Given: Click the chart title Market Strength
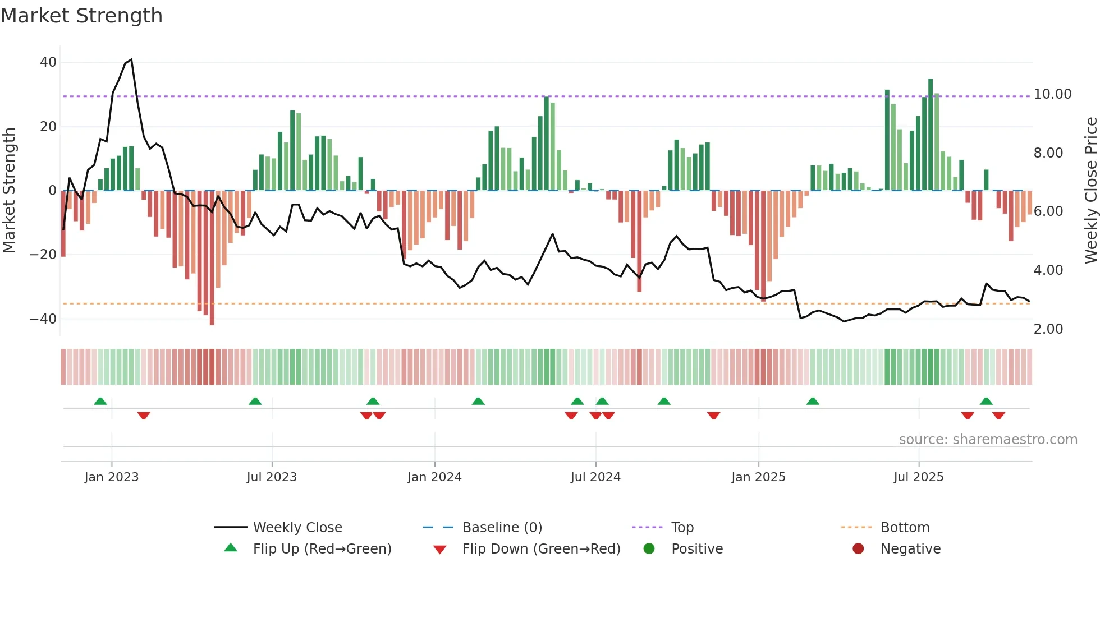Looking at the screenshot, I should pyautogui.click(x=81, y=16).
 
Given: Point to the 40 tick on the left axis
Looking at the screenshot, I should pyautogui.click(x=48, y=62).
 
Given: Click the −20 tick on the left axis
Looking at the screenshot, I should pyautogui.click(x=43, y=255).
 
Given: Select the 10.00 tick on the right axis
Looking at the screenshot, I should pyautogui.click(x=1052, y=94).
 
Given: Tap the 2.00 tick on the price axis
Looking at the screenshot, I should pyautogui.click(x=1048, y=329).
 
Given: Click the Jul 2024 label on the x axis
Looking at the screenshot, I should pyautogui.click(x=595, y=477).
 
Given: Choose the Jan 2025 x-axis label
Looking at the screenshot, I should pyautogui.click(x=758, y=477).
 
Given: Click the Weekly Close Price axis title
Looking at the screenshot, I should pyautogui.click(x=1090, y=191).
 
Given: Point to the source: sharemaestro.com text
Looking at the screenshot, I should pyautogui.click(x=988, y=440).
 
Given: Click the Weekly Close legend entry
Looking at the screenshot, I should pyautogui.click(x=297, y=528).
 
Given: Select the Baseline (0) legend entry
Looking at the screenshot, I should pyautogui.click(x=502, y=528).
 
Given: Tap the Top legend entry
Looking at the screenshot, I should pyautogui.click(x=682, y=528).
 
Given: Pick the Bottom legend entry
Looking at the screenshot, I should pyautogui.click(x=905, y=528).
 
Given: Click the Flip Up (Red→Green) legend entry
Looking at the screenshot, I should pyautogui.click(x=322, y=549).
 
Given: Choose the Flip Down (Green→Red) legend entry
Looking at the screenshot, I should pyautogui.click(x=541, y=549).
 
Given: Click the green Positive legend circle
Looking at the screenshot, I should pyautogui.click(x=649, y=549).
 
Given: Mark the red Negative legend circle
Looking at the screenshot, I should pyautogui.click(x=858, y=549).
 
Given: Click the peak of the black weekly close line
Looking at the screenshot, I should pyautogui.click(x=131, y=59).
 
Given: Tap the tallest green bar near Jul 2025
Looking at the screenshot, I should pyautogui.click(x=931, y=135).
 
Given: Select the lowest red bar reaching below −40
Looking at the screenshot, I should pyautogui.click(x=212, y=258).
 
